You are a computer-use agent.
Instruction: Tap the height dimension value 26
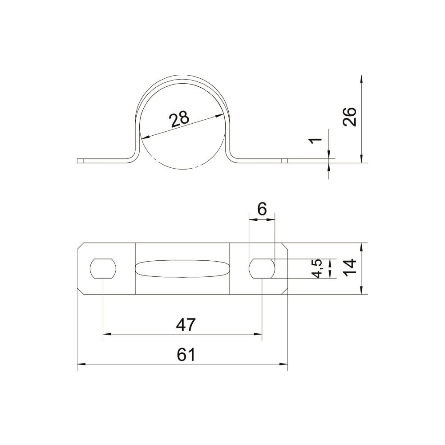[x=349, y=116]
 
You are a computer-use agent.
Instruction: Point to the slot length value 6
[x=262, y=210]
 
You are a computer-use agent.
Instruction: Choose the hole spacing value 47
[x=186, y=324]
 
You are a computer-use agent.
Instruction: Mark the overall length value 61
[x=186, y=355]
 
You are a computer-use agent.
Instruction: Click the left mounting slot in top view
[x=103, y=268]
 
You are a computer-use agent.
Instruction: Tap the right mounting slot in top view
[x=262, y=268]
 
